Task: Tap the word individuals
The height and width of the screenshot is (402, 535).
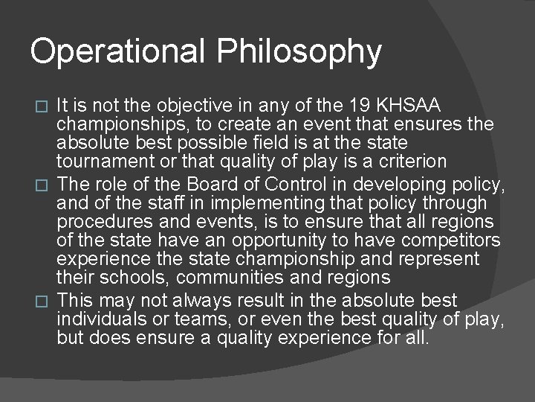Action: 100,319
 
